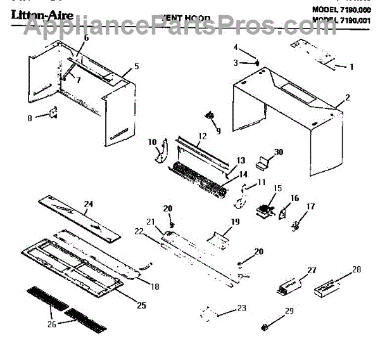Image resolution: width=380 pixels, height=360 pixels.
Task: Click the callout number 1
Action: click(x=353, y=67)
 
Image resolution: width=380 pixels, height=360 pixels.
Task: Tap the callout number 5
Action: click(x=136, y=67)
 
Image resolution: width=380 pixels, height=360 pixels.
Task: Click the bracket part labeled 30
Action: click(x=263, y=164)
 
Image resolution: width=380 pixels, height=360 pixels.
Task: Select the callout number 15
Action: click(x=277, y=188)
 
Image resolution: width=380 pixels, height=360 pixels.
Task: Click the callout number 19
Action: click(x=236, y=222)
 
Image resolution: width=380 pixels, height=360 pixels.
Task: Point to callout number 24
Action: click(x=89, y=204)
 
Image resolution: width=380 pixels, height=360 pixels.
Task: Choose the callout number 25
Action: click(x=141, y=305)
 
